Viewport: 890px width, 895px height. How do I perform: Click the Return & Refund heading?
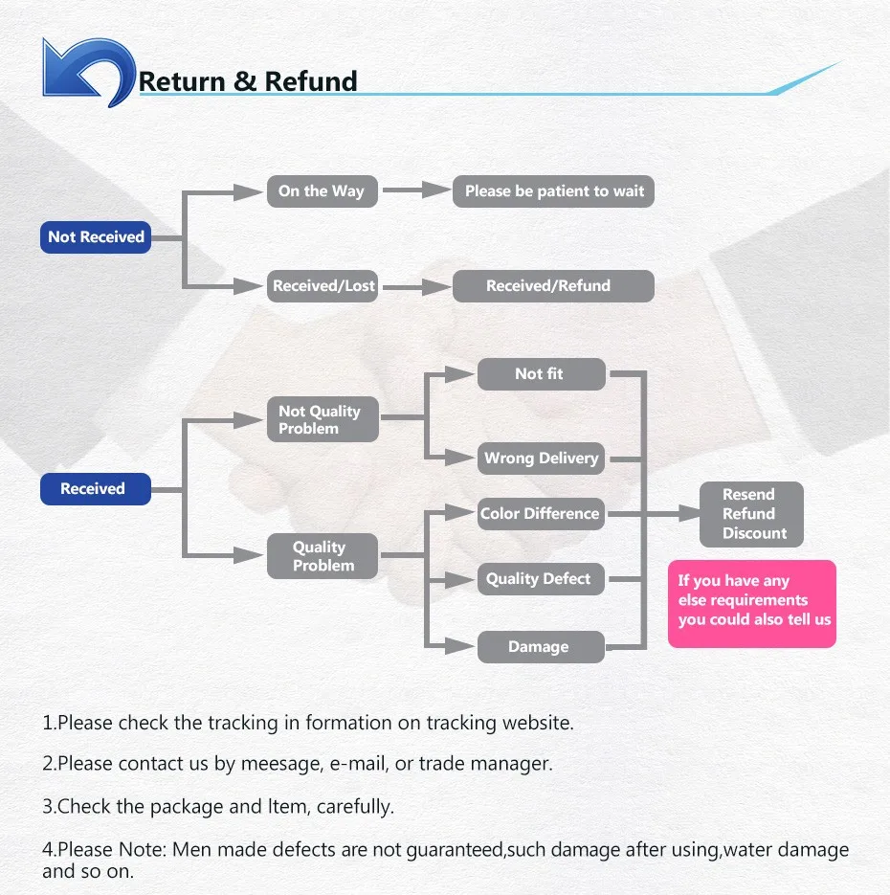[x=248, y=81]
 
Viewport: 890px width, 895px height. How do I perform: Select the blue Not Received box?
[x=96, y=236]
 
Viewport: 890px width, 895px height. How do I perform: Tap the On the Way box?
[x=322, y=190]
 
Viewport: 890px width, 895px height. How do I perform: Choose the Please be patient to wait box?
[x=554, y=190]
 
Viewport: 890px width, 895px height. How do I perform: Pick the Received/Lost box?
[x=323, y=285]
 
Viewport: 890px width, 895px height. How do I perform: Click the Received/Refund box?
[x=553, y=285]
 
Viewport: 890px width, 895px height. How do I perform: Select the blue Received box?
[x=95, y=488]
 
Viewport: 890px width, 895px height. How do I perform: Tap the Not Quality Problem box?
[x=323, y=420]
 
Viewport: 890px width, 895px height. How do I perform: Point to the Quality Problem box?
[x=323, y=556]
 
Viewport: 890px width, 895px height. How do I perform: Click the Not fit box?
[x=541, y=374]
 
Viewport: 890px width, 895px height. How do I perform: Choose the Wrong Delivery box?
[x=541, y=458]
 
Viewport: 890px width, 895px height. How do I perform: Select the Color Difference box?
[x=541, y=513]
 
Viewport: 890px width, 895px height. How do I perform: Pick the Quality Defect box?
[x=541, y=578]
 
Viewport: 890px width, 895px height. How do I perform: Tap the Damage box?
[x=541, y=647]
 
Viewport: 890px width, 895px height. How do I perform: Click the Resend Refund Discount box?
[x=750, y=514]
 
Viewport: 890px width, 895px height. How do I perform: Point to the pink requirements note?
[x=752, y=603]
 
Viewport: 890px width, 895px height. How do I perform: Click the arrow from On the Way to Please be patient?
[x=403, y=190]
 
